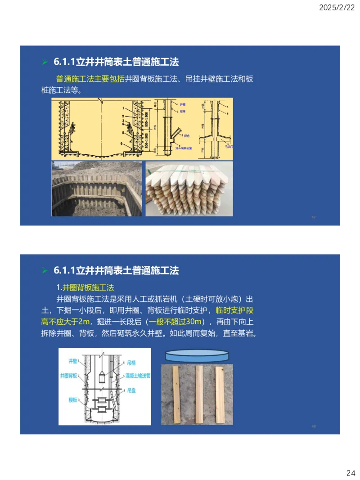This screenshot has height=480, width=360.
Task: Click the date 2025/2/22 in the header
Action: (337, 8)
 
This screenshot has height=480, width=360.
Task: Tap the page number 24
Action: (351, 473)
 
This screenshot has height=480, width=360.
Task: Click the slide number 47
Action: (313, 217)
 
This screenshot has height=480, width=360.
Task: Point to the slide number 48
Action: (313, 426)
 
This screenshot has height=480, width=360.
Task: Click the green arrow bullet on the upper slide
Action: (45, 62)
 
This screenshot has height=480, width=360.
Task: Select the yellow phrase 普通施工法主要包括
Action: (90, 79)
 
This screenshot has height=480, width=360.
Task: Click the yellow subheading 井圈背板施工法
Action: (88, 287)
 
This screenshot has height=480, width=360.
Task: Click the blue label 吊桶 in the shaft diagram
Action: (131, 362)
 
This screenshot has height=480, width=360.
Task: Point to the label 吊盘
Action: (131, 391)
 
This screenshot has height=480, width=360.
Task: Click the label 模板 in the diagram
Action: (73, 399)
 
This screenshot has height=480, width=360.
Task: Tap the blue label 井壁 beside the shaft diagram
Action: (73, 361)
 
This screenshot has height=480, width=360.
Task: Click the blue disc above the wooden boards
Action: (198, 355)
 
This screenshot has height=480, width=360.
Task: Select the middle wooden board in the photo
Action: (199, 395)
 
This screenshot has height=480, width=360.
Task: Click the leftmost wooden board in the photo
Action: (176, 395)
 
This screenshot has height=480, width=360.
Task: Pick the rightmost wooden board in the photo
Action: (220, 395)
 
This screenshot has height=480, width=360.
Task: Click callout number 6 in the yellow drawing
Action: (122, 143)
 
